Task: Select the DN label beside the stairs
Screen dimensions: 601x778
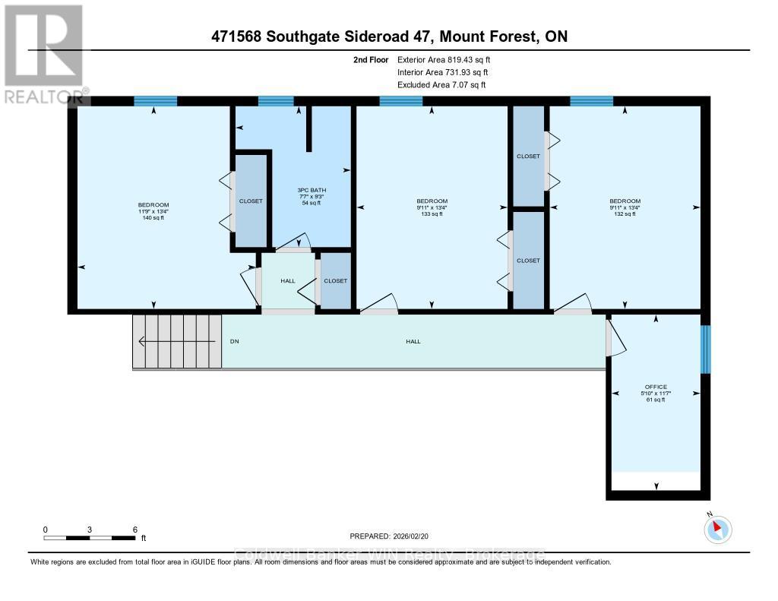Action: coord(235,342)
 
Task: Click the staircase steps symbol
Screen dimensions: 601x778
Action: coord(177,342)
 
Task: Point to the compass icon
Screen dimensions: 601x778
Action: coord(717,529)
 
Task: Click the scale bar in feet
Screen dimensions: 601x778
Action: coord(90,537)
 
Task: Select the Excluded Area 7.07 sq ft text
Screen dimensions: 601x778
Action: coord(441,85)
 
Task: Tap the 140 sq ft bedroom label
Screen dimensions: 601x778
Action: coord(153,211)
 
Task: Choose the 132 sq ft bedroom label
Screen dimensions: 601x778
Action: coord(625,207)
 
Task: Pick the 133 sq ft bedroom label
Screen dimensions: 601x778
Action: coord(432,207)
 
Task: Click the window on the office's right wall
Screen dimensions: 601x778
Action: coord(705,350)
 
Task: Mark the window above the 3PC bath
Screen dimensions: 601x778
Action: coord(276,101)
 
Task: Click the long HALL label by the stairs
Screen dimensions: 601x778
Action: coord(413,342)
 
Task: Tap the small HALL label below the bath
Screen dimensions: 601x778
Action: coord(288,281)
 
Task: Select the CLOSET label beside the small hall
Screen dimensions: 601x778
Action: coord(335,281)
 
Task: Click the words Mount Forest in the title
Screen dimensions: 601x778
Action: coord(492,36)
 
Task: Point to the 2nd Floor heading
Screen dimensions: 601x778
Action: coord(371,59)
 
